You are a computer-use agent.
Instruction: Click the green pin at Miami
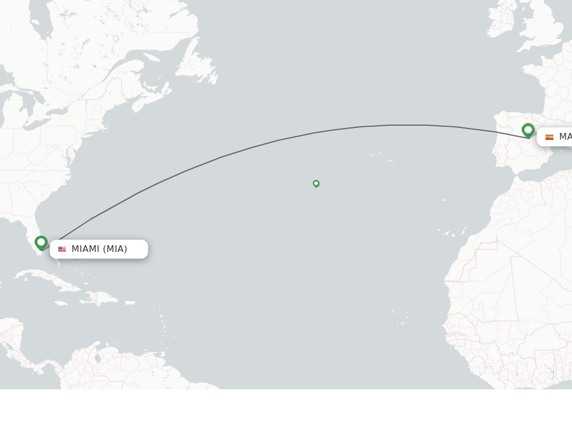tap(41, 242)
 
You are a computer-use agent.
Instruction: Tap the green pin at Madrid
tap(528, 130)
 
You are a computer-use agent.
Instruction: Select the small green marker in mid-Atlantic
tap(316, 183)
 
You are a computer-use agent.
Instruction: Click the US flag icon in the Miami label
tap(62, 249)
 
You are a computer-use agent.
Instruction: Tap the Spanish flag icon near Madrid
tap(549, 137)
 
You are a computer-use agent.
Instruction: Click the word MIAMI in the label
tap(85, 249)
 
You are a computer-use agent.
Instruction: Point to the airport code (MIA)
tap(115, 249)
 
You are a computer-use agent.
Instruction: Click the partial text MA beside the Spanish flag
tap(565, 137)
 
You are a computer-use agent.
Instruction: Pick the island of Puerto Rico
tap(130, 303)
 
